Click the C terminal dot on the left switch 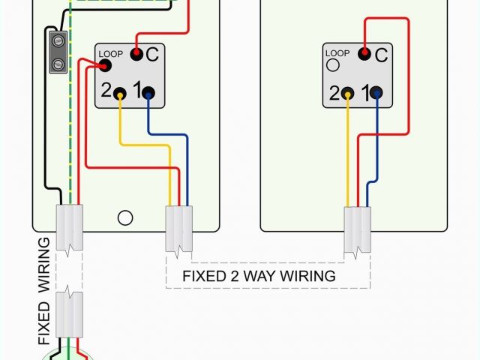(x=136, y=54)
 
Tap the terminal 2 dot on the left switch (x=120, y=93)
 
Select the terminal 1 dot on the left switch (x=149, y=93)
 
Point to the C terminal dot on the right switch (x=364, y=54)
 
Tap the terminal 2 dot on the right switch (x=348, y=93)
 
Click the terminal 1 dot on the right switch (x=377, y=93)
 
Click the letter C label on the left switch (x=152, y=54)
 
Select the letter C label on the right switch (x=380, y=54)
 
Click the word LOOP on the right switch (x=337, y=53)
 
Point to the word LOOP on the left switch (x=109, y=54)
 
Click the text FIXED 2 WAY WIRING (x=259, y=276)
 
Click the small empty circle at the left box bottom (x=125, y=217)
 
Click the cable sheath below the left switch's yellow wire (x=178, y=229)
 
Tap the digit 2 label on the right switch (x=334, y=94)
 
